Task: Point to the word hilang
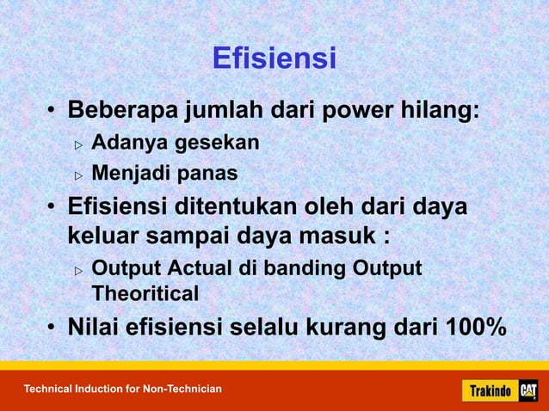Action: (x=444, y=113)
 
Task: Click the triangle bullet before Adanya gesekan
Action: (x=78, y=144)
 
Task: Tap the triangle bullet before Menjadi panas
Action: (x=78, y=175)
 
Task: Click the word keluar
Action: (x=105, y=236)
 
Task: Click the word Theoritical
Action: (x=145, y=294)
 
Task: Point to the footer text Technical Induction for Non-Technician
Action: (x=122, y=390)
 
